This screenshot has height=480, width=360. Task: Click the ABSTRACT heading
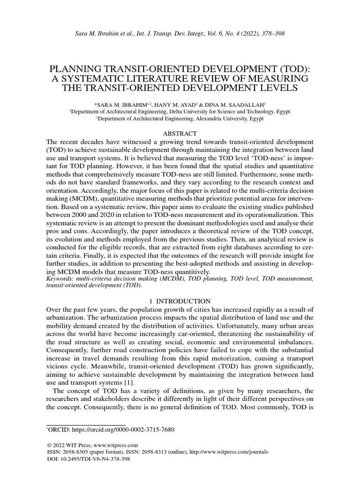(180, 134)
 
